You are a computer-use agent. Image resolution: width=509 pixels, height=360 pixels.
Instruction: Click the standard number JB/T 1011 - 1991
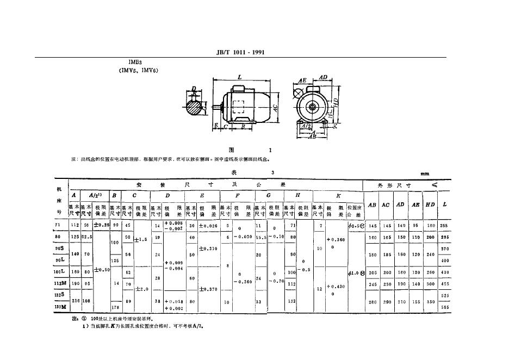[x=240, y=52]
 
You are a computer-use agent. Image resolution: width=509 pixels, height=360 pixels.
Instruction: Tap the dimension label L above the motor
[x=240, y=78]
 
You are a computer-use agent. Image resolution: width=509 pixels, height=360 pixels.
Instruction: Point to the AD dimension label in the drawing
[x=323, y=78]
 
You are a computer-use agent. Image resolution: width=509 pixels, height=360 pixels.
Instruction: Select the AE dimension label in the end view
[x=303, y=80]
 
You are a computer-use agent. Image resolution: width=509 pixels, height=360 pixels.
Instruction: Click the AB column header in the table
[x=373, y=205]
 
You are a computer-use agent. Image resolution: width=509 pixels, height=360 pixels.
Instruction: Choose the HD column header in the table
[x=429, y=205]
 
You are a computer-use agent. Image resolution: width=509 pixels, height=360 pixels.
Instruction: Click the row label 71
[x=58, y=225]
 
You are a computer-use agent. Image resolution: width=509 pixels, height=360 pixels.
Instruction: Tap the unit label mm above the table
[x=425, y=174]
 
